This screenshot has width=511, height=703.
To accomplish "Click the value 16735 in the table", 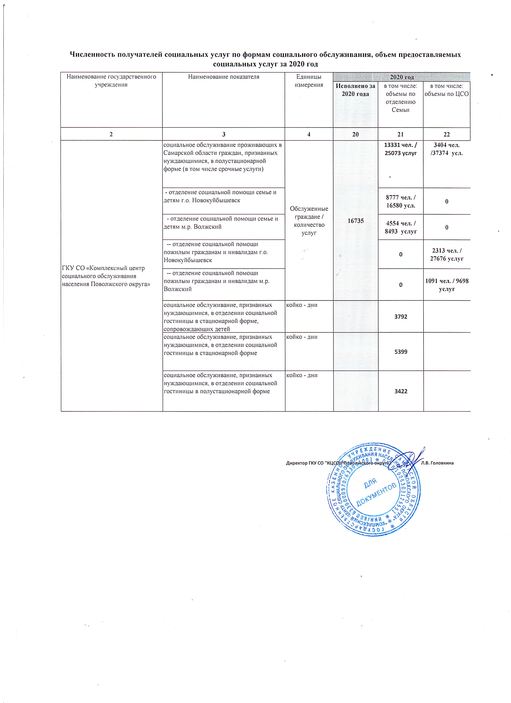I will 355,220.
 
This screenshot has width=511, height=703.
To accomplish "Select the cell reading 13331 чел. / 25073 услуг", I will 400,149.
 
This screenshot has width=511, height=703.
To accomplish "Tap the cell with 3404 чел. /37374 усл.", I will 446,149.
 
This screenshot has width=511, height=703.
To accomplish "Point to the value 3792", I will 400,317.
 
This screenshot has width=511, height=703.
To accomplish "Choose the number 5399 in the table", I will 400,352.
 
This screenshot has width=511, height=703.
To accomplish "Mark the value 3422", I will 400,391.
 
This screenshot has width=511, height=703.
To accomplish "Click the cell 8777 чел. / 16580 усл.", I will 400,201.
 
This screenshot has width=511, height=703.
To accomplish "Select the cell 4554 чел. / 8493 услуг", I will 400,227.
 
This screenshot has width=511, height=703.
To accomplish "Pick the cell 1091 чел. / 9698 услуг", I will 446,285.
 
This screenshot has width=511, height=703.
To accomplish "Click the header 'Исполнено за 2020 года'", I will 355,90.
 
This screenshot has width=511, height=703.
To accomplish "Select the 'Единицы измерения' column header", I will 309,81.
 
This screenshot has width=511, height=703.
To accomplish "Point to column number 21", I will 400,134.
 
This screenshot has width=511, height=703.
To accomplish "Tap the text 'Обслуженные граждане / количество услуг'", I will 309,220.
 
